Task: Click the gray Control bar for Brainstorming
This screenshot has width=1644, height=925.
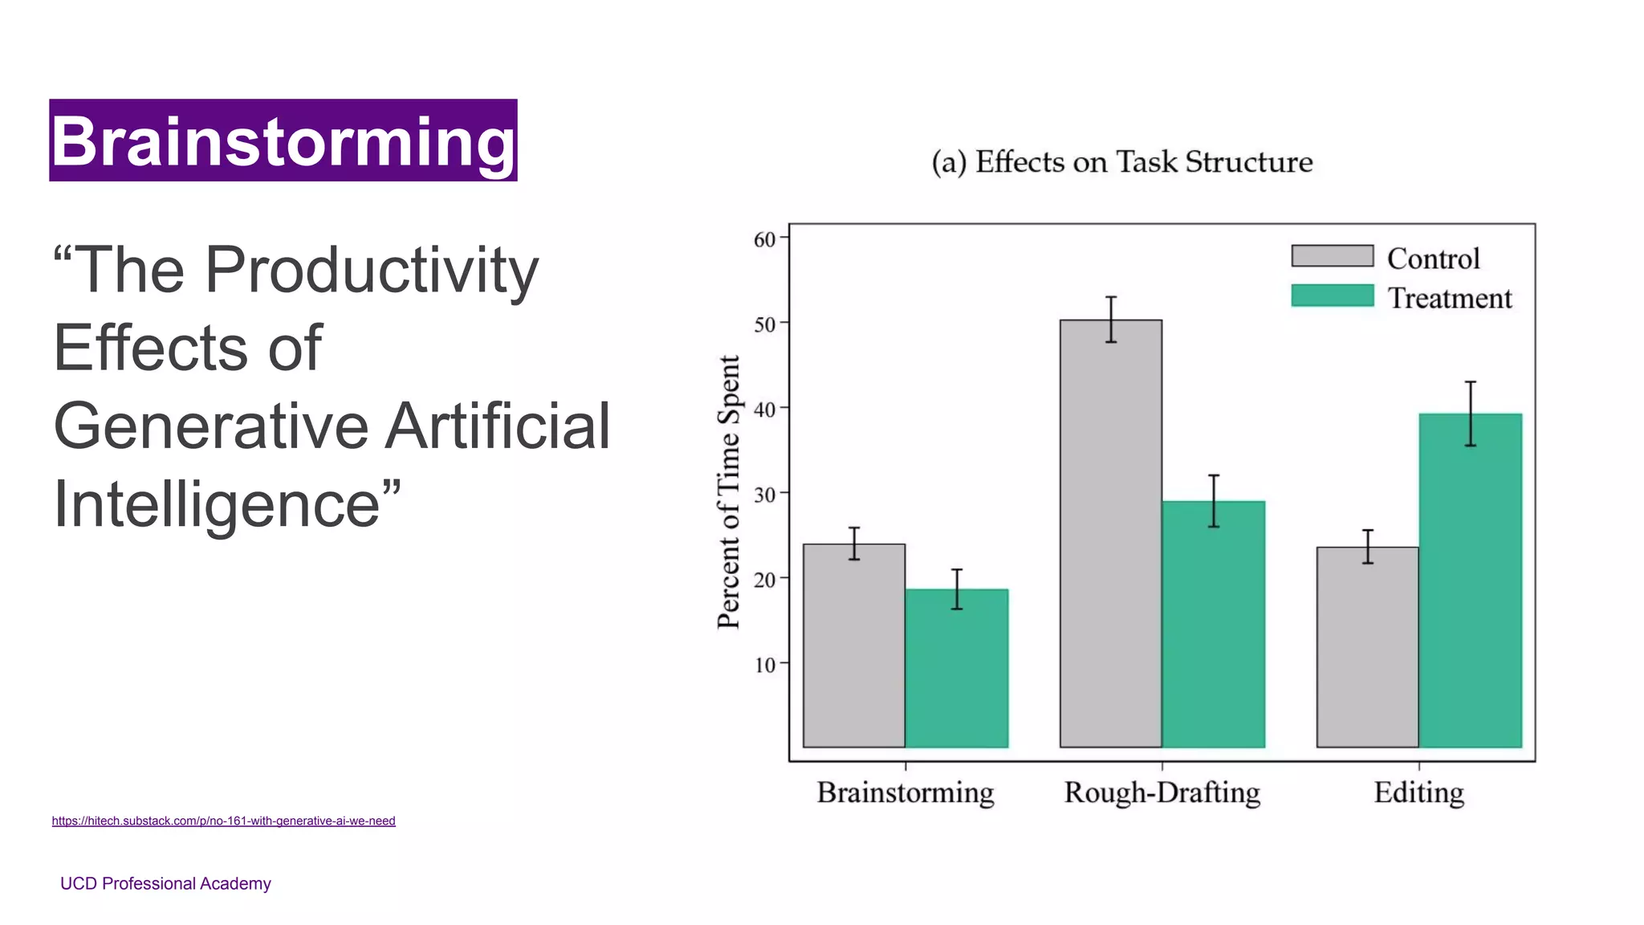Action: point(854,646)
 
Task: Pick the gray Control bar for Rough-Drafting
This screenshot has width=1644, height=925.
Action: point(1111,534)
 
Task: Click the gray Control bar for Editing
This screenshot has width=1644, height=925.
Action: point(1368,647)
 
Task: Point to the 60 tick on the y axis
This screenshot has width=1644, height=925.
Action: point(765,239)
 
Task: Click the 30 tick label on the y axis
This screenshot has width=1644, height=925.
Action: point(765,495)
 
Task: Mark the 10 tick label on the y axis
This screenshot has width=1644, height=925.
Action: point(765,665)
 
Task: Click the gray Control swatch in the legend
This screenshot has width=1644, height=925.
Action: point(1333,256)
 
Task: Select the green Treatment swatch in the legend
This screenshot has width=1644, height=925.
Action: point(1333,295)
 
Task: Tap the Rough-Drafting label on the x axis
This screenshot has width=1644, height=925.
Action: point(1162,793)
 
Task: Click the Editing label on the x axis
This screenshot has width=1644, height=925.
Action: point(1419,793)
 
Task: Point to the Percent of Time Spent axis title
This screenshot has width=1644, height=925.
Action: point(729,492)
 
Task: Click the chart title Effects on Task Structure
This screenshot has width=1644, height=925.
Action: point(1122,162)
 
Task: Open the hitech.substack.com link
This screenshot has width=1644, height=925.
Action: point(223,821)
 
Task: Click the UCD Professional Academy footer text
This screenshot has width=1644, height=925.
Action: point(165,883)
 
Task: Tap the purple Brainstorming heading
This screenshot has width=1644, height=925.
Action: point(283,141)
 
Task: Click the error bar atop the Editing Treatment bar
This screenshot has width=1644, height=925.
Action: point(1471,413)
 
